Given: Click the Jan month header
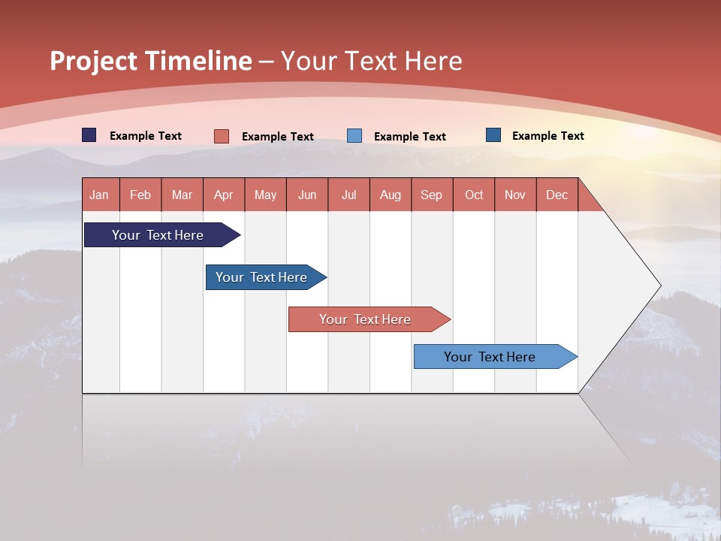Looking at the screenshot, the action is click(99, 195).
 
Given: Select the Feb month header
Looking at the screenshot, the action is click(140, 195).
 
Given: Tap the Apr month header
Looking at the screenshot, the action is click(224, 195).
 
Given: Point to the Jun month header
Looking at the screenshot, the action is click(307, 195).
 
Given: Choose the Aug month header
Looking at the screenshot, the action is click(391, 195).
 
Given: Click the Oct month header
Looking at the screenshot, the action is click(474, 195).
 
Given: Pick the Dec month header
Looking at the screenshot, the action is click(557, 195).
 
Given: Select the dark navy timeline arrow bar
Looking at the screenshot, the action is click(162, 234).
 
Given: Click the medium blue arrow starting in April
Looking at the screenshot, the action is click(266, 277).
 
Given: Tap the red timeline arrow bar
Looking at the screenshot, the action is click(370, 319).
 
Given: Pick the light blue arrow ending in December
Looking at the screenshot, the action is click(496, 356).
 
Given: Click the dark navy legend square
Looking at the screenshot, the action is click(89, 135).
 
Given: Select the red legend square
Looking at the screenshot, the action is click(222, 136).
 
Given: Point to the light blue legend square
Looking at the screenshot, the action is click(354, 136).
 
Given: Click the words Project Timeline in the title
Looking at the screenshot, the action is click(151, 61).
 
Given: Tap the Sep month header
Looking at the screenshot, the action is click(431, 195).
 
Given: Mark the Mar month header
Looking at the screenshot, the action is click(182, 195).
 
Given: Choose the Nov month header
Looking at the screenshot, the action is click(515, 195).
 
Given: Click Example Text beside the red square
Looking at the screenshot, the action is click(278, 137).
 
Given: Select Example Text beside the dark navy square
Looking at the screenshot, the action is click(146, 136).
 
